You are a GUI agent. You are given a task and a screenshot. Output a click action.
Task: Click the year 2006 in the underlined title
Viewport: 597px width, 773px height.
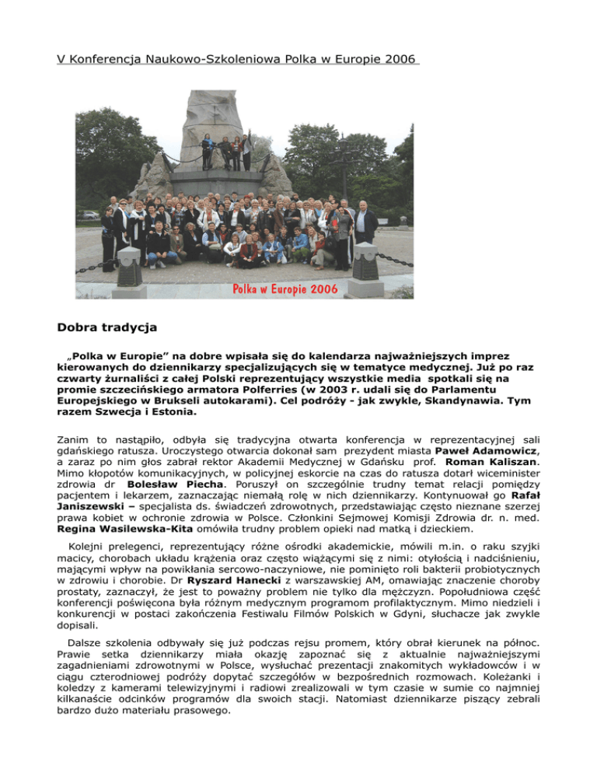pos(400,59)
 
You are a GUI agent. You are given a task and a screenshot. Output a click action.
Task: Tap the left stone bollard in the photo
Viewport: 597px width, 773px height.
pos(129,267)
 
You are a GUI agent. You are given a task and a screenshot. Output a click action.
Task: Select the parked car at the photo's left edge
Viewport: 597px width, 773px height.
pos(88,215)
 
